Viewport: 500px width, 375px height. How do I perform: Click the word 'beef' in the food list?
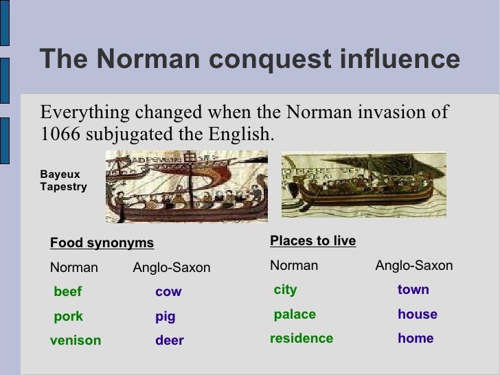[67, 292]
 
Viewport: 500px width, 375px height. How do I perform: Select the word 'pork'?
[68, 317]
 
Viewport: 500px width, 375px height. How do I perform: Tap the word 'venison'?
[76, 341]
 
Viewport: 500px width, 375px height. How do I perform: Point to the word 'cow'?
[168, 292]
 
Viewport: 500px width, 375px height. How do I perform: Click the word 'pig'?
[166, 317]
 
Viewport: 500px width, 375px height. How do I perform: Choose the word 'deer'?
[169, 341]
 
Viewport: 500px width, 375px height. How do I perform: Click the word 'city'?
[285, 290]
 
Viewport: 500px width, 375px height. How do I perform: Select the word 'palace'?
[295, 315]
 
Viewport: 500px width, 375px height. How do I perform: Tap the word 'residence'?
[302, 339]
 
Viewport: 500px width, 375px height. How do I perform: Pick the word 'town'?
[413, 290]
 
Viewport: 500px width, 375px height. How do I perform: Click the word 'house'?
[417, 315]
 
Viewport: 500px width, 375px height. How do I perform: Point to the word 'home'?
[416, 339]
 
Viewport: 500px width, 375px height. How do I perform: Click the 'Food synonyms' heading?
[102, 243]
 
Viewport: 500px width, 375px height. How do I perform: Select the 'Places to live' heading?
[313, 241]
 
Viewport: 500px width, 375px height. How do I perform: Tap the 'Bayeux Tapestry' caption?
[63, 181]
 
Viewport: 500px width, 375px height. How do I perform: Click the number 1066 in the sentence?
[60, 133]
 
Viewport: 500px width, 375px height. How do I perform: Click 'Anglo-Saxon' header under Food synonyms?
[171, 268]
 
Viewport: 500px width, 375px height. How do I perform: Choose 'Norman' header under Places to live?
[294, 266]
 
